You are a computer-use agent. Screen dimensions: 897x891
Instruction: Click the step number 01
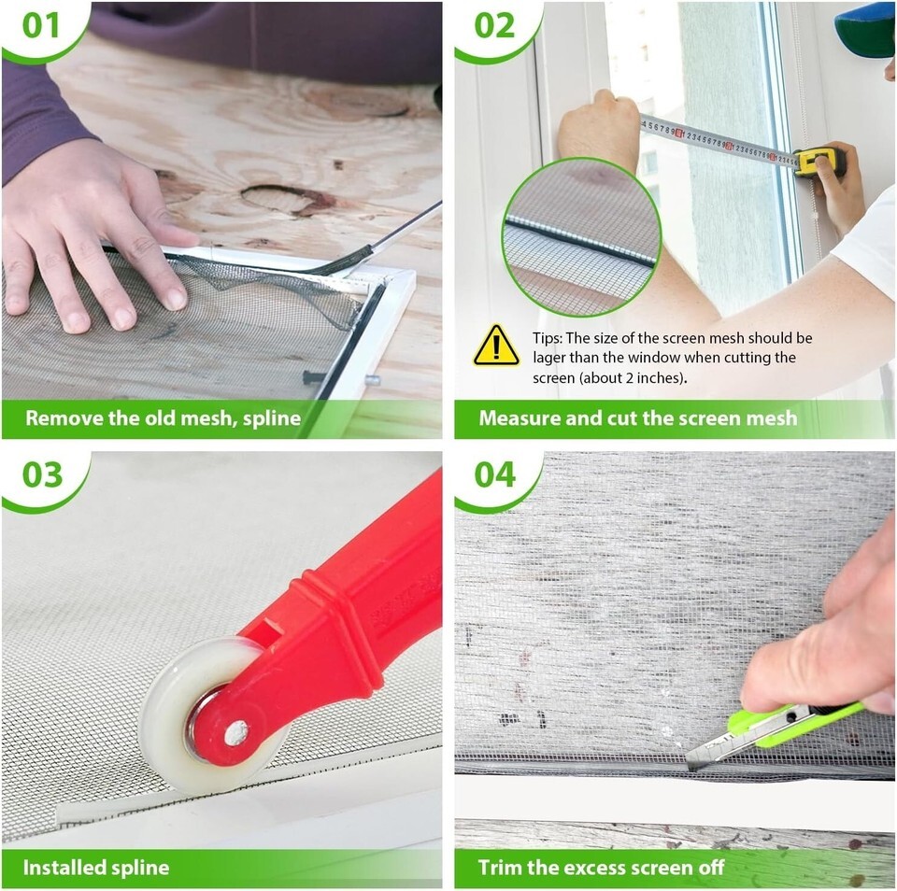[x=40, y=26]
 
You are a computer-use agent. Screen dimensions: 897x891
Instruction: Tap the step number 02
[x=493, y=26]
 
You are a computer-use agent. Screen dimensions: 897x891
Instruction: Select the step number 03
[x=42, y=474]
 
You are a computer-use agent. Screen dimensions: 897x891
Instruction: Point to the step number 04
[x=495, y=474]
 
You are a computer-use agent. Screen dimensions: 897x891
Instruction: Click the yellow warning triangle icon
[x=496, y=346]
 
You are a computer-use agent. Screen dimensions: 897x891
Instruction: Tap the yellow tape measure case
[x=821, y=161]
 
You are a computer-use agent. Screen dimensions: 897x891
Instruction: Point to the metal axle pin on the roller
[x=235, y=733]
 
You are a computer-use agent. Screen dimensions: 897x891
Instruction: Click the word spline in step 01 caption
[x=271, y=419]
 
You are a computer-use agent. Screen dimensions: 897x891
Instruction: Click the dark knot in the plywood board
[x=286, y=199]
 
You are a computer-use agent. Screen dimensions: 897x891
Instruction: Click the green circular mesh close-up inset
[x=582, y=237]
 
